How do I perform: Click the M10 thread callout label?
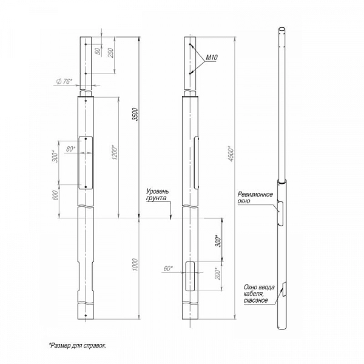(212, 58)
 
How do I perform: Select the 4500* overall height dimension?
(231, 153)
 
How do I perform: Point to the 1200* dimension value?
(115, 152)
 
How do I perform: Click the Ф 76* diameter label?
(64, 81)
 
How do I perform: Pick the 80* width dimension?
(71, 149)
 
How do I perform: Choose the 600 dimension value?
(55, 195)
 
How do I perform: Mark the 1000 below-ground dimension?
(135, 265)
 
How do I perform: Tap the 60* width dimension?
(168, 269)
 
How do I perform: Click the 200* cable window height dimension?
(218, 274)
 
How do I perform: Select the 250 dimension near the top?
(111, 53)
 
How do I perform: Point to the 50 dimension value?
(99, 51)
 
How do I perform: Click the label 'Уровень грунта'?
(157, 195)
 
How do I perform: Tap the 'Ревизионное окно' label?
(255, 197)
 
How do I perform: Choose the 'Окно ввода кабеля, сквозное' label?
(259, 294)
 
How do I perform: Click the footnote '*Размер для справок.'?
(77, 345)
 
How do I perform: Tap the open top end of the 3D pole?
(282, 30)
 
